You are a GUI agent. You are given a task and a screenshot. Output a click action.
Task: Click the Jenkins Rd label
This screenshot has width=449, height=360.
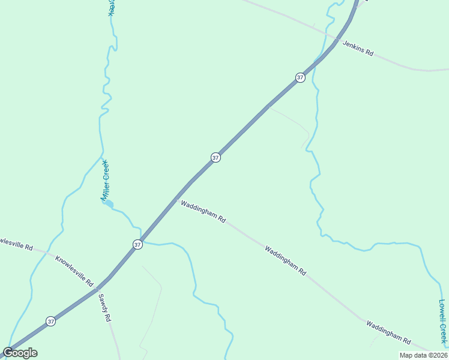click(358, 49)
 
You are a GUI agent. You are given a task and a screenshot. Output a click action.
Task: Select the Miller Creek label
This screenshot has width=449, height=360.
click(105, 179)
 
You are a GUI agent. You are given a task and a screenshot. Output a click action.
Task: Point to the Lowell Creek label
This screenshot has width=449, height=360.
click(443, 323)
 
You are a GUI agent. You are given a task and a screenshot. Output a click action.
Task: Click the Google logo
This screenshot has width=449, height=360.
click(20, 353)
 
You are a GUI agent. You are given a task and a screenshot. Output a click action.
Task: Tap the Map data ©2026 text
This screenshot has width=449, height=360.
click(423, 355)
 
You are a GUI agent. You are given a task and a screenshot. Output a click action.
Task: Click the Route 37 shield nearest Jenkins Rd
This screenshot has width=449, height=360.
click(300, 77)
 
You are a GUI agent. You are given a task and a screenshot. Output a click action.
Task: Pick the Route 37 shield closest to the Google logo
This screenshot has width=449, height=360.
click(50, 321)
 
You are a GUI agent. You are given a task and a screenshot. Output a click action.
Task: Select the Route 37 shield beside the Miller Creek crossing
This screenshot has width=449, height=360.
click(137, 244)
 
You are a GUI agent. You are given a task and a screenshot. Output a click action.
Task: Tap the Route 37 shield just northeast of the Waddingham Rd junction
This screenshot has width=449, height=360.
click(215, 157)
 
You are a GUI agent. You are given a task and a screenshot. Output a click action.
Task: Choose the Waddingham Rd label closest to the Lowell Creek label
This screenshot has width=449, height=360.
click(388, 332)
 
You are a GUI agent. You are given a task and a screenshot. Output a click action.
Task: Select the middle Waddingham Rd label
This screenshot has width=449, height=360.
click(286, 260)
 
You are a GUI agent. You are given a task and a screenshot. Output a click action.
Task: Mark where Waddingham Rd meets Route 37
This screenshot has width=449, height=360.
click(176, 199)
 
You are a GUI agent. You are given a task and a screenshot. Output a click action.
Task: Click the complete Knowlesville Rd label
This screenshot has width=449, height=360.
click(74, 271)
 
